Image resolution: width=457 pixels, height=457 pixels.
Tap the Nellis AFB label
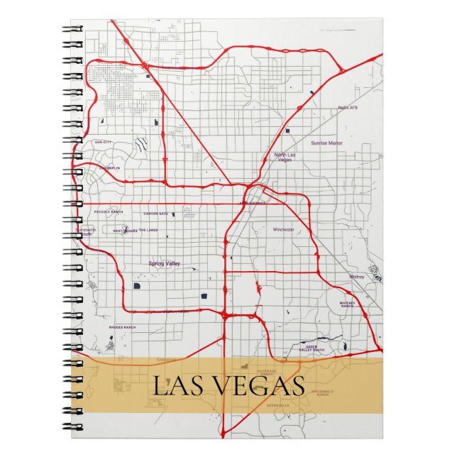348,107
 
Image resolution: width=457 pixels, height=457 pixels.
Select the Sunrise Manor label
326,143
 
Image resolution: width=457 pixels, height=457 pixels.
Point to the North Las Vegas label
283,158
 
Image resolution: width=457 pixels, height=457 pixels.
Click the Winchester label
283,230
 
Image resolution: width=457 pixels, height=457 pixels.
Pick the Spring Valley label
165,263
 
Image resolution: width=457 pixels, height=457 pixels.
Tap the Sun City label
103,143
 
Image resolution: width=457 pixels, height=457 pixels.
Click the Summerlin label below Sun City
109,168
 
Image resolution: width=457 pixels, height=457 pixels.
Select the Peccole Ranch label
109,212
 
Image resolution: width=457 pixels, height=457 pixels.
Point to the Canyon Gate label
156,214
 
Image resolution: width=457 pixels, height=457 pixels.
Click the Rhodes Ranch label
122,327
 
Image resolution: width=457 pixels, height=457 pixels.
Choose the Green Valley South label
312,348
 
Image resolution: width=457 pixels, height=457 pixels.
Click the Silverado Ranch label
268,371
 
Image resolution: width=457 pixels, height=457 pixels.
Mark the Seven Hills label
279,404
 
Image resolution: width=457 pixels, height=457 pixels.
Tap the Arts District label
251,202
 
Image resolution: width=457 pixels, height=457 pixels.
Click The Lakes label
148,231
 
